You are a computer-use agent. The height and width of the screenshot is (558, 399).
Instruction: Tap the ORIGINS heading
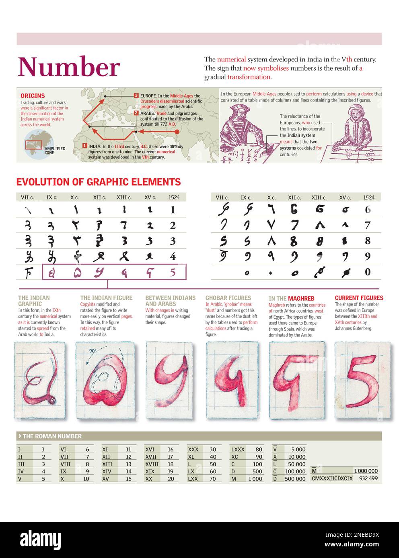[x=33, y=96]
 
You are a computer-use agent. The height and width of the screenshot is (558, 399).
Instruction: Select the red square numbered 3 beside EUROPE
[x=136, y=96]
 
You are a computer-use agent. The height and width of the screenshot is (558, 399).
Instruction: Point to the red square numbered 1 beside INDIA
[x=84, y=146]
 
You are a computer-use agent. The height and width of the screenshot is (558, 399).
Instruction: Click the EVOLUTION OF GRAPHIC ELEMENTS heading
[x=98, y=182]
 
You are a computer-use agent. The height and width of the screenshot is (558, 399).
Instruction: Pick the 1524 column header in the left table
[x=174, y=197]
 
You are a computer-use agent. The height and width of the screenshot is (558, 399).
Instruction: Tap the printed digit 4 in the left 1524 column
[x=173, y=256]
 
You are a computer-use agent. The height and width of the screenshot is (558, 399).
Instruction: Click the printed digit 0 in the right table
[x=367, y=272]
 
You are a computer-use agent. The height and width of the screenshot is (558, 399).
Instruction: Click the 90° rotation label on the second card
[x=93, y=350]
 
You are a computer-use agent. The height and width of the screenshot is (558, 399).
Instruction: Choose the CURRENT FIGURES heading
[x=359, y=298]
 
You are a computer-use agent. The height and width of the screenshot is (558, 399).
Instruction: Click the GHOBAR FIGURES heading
[x=228, y=298]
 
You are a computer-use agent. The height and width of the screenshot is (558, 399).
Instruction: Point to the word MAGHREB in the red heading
[x=301, y=298]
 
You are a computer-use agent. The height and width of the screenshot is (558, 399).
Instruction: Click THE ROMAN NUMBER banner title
[x=52, y=436]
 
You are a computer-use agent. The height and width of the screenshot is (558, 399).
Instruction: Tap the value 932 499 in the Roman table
[x=368, y=478]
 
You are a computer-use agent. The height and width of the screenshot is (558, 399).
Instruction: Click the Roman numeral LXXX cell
[x=237, y=450]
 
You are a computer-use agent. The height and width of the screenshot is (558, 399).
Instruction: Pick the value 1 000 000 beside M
[x=366, y=471]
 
